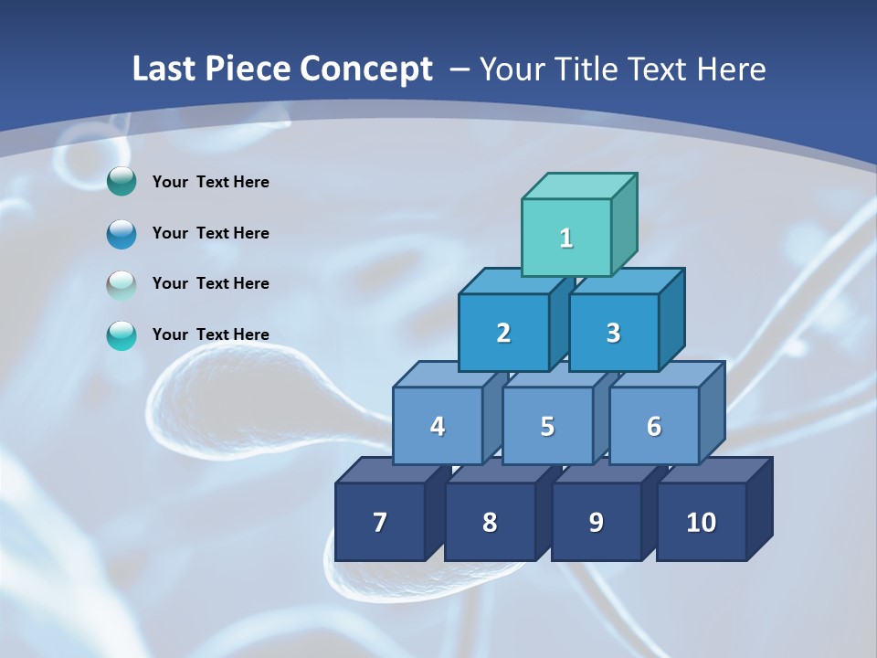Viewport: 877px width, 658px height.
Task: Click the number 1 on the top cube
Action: pyautogui.click(x=566, y=238)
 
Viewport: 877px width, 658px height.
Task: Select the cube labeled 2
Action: pyautogui.click(x=503, y=333)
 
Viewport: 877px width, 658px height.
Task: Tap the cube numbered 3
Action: pyautogui.click(x=613, y=333)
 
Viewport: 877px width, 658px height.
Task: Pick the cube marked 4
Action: pyautogui.click(x=438, y=426)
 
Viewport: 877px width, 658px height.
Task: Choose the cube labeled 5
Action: pyautogui.click(x=547, y=426)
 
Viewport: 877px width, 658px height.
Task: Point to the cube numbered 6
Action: pyautogui.click(x=654, y=426)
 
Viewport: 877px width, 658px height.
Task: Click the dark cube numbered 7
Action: pyautogui.click(x=380, y=522)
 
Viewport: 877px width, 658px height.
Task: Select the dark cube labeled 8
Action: pyautogui.click(x=490, y=522)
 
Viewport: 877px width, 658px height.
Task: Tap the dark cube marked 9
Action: pyautogui.click(x=596, y=522)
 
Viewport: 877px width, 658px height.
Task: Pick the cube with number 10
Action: pyautogui.click(x=702, y=522)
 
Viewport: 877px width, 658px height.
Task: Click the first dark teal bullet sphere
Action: pyautogui.click(x=122, y=182)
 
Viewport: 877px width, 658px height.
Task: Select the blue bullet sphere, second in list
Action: pyautogui.click(x=122, y=233)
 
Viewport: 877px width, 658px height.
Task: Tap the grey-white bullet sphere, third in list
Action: pyautogui.click(x=122, y=284)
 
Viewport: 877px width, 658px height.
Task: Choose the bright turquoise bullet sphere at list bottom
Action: pyautogui.click(x=122, y=335)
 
